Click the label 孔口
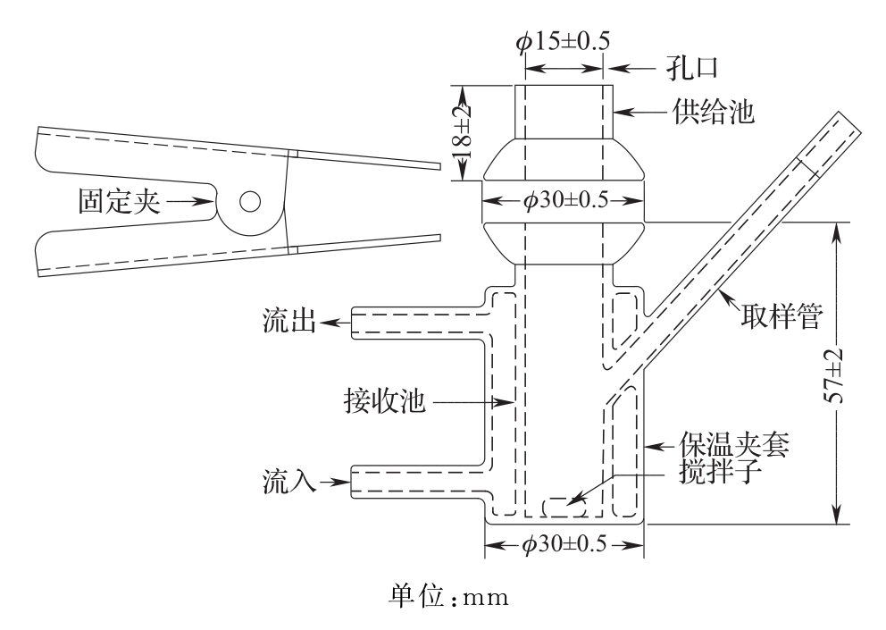pos(693,68)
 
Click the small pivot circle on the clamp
pos(249,201)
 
